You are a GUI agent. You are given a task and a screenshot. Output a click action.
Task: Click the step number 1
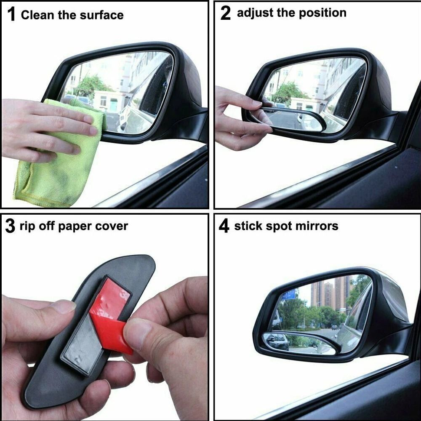12,15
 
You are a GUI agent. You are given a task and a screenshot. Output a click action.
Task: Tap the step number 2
226,13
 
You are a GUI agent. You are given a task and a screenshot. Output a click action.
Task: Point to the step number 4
224,226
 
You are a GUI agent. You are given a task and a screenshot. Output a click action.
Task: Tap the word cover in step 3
111,226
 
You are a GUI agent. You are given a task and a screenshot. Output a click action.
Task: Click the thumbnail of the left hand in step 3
63,306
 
